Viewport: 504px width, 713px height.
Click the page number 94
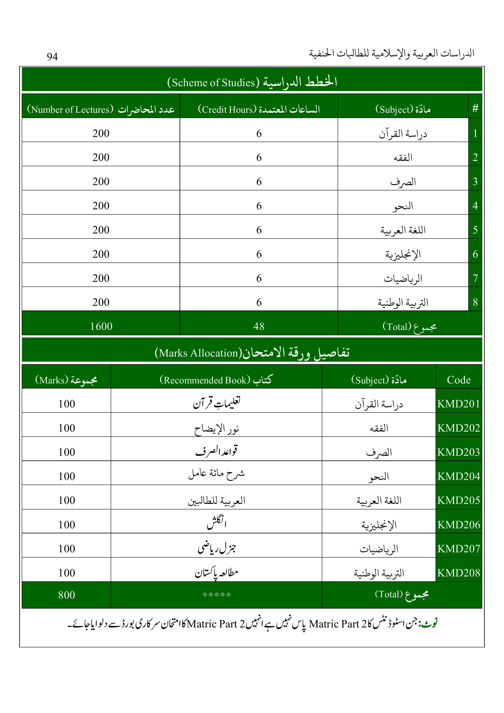(x=52, y=56)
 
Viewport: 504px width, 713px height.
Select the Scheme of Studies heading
(x=252, y=82)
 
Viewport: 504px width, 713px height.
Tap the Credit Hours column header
(x=259, y=109)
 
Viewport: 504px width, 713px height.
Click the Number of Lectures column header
(x=101, y=109)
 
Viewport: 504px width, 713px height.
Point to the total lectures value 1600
(x=101, y=326)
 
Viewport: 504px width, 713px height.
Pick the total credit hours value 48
(x=259, y=326)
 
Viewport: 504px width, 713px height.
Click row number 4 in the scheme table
(x=475, y=206)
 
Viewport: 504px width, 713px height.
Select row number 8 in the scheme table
(x=475, y=302)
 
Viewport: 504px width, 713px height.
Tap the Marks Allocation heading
(x=252, y=353)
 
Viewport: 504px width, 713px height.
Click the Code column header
(x=459, y=380)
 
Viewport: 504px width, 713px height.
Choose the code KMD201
(x=459, y=404)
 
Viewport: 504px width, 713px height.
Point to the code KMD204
(x=459, y=476)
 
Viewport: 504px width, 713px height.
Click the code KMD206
(x=459, y=524)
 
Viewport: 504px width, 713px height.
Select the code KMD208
(x=459, y=573)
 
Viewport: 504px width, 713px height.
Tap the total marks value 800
(x=66, y=595)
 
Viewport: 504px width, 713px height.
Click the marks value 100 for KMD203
(x=66, y=452)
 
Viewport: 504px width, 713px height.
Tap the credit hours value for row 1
(x=259, y=133)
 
